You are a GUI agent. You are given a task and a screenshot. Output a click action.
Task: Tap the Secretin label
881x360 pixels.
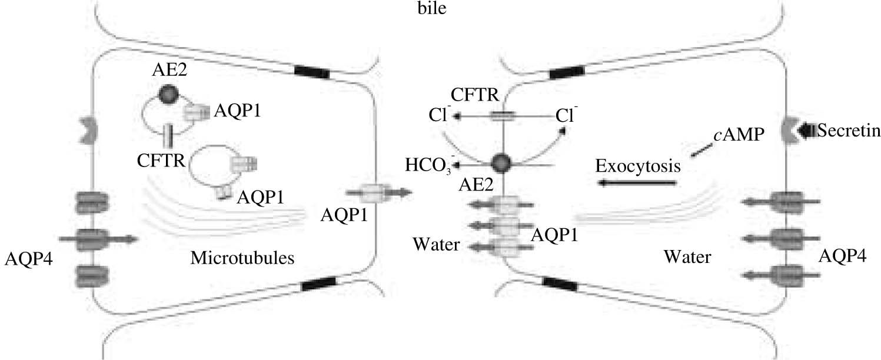[848, 132]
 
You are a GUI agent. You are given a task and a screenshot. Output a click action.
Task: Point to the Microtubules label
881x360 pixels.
[242, 258]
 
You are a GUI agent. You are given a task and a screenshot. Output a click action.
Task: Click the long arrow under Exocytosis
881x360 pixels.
[637, 184]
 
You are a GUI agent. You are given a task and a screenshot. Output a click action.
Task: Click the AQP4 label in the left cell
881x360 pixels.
[28, 258]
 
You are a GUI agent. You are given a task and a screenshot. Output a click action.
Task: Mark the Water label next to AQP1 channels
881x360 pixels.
[435, 244]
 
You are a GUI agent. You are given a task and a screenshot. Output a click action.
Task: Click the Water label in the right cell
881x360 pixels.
[687, 257]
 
